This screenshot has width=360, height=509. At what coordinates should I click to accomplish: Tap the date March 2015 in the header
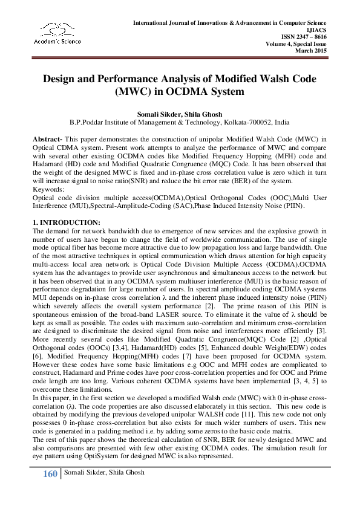coord(311,51)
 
